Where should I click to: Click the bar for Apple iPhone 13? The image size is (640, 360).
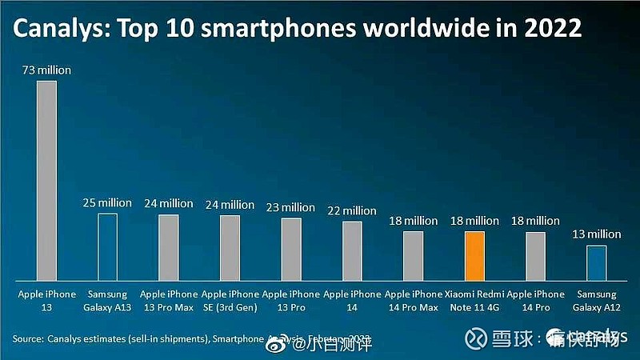(x=46, y=180)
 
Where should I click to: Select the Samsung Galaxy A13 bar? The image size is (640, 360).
(x=107, y=246)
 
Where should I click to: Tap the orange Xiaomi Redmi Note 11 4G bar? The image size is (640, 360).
(x=474, y=255)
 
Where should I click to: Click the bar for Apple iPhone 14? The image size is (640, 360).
(x=352, y=250)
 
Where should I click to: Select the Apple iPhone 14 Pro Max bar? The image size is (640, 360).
(x=413, y=255)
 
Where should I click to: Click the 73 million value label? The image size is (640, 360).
(x=46, y=70)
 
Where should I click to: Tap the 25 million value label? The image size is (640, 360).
(x=107, y=203)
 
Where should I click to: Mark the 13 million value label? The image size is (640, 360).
(x=596, y=234)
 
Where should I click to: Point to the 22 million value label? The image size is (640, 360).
(x=352, y=210)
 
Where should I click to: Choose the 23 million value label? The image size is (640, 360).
(x=290, y=207)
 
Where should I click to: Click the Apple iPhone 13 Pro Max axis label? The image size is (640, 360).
(x=169, y=302)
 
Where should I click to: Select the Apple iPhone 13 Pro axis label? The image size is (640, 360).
(x=290, y=302)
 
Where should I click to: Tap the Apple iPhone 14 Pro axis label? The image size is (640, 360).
(x=535, y=302)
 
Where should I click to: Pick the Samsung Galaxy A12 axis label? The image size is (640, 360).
(x=596, y=302)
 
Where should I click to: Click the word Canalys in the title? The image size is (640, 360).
(x=56, y=30)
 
